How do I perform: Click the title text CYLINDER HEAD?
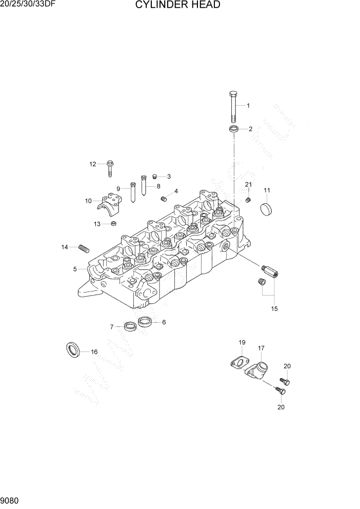tap(178, 6)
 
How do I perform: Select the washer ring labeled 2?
tap(234, 128)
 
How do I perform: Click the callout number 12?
tap(93, 164)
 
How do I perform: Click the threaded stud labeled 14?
tap(84, 249)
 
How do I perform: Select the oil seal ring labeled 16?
tap(73, 350)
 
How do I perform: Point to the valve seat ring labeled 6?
tap(146, 322)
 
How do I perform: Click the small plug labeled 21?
tap(248, 199)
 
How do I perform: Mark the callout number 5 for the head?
tap(75, 269)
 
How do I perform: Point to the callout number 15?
tap(274, 309)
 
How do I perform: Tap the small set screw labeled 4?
tap(165, 199)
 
